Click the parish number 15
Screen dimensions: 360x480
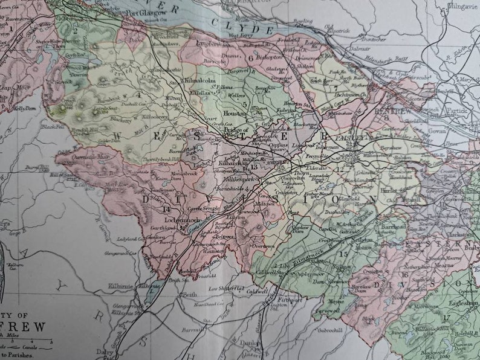click(x=345, y=254)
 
